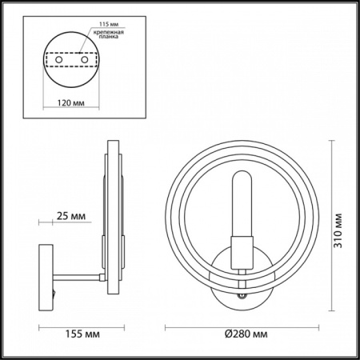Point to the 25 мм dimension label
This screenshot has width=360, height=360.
pos(73,216)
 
